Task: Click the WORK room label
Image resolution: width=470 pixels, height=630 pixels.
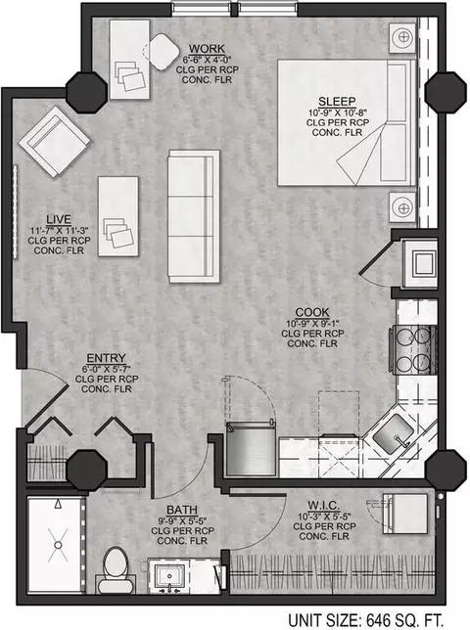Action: click(207, 49)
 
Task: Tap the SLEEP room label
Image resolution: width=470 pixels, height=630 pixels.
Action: click(337, 102)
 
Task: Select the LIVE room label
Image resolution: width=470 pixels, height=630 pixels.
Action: click(59, 219)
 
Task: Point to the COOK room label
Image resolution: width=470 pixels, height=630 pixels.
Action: click(312, 312)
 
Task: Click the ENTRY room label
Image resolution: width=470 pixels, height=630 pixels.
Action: click(106, 358)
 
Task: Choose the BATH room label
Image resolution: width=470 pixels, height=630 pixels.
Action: click(182, 510)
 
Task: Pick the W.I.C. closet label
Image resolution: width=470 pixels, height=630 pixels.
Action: click(324, 506)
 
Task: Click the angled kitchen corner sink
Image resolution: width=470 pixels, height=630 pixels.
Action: click(393, 434)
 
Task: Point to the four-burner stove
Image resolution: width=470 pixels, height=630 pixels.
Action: click(412, 349)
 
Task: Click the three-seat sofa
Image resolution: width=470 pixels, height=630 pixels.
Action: click(194, 216)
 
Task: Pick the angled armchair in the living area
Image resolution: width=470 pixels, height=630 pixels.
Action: click(54, 141)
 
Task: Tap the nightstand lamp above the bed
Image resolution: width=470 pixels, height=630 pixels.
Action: click(402, 38)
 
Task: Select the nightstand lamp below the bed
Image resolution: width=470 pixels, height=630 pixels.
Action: click(402, 207)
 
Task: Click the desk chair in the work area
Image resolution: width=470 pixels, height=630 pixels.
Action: click(162, 52)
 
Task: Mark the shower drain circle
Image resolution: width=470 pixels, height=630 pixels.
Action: click(58, 545)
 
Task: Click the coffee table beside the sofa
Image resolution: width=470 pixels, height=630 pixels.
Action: click(118, 216)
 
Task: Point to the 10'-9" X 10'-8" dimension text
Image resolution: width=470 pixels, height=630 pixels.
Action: click(337, 112)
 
